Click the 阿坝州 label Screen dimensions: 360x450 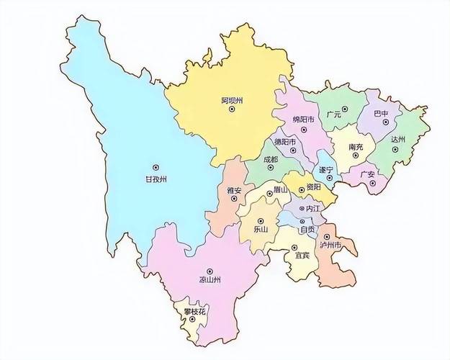point(232,100)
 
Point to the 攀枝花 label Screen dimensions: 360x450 point(194,311)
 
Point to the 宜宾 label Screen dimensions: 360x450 point(302,253)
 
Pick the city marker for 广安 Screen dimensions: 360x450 point(373,183)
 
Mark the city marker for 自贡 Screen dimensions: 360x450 point(302,220)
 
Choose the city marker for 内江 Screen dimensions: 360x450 point(302,208)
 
